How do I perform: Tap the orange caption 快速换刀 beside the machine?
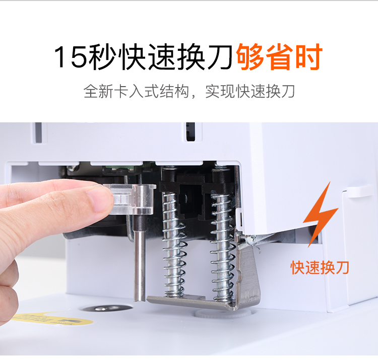coord(320,267)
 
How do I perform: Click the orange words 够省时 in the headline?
coord(279,57)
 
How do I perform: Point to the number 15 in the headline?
coord(71,57)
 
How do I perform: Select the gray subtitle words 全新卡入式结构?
coord(136,91)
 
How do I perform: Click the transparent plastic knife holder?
coord(130,199)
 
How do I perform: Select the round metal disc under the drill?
coord(106,308)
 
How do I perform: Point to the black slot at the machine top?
coord(191,131)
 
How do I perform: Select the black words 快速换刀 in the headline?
coord(177,57)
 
